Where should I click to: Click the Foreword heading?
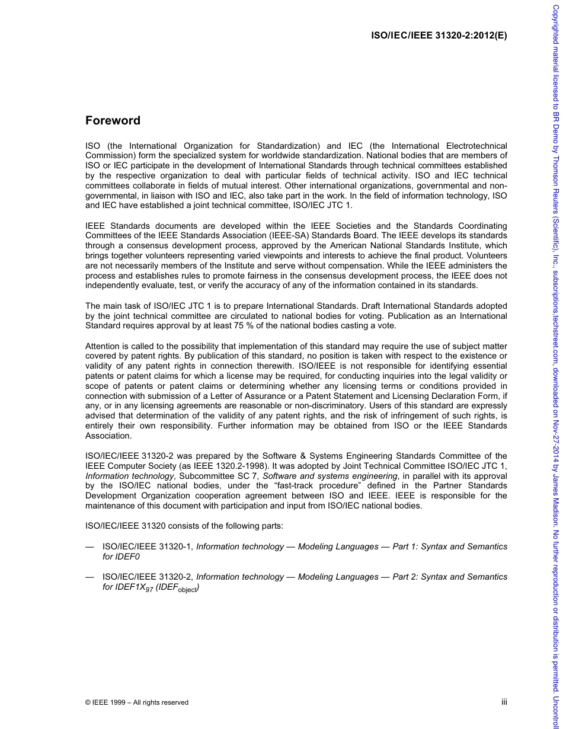click(113, 120)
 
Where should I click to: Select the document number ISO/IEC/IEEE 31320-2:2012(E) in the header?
click(439, 34)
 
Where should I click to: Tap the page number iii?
click(504, 702)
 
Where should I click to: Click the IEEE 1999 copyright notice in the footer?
click(137, 702)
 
